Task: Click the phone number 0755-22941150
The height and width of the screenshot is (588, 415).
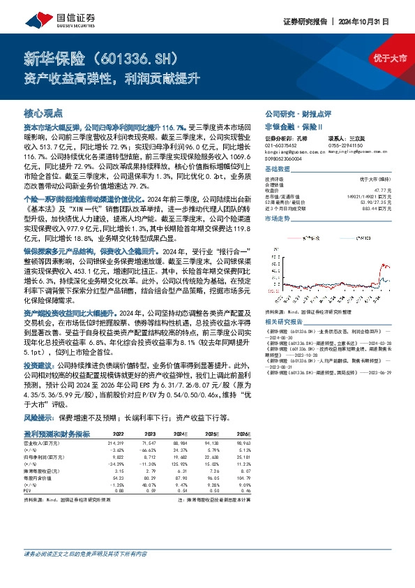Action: pos(346,143)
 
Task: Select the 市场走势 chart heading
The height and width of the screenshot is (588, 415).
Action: pos(276,219)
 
